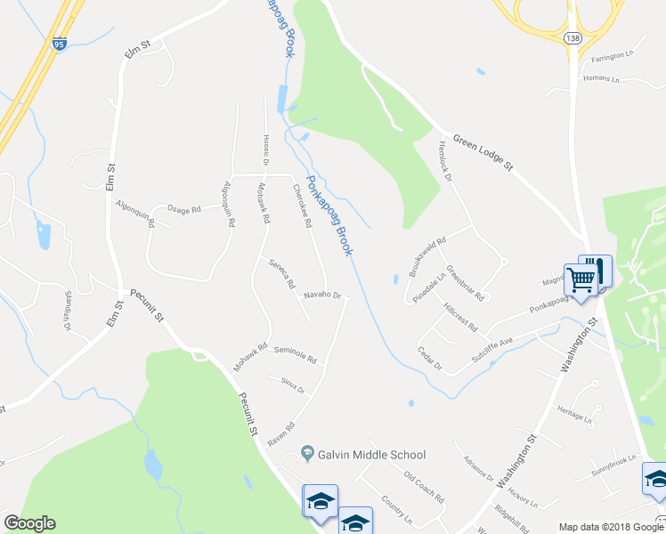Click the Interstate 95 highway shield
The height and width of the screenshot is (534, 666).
pos(60,43)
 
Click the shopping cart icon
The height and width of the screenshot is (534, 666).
pos(581,279)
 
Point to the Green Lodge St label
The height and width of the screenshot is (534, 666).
pos(483,152)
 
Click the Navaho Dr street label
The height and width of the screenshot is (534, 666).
pos(322,294)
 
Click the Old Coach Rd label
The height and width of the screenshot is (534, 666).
pos(423,488)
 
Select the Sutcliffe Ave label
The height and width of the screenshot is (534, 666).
pos(493,343)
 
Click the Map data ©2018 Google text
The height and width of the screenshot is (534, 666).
pos(610,527)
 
